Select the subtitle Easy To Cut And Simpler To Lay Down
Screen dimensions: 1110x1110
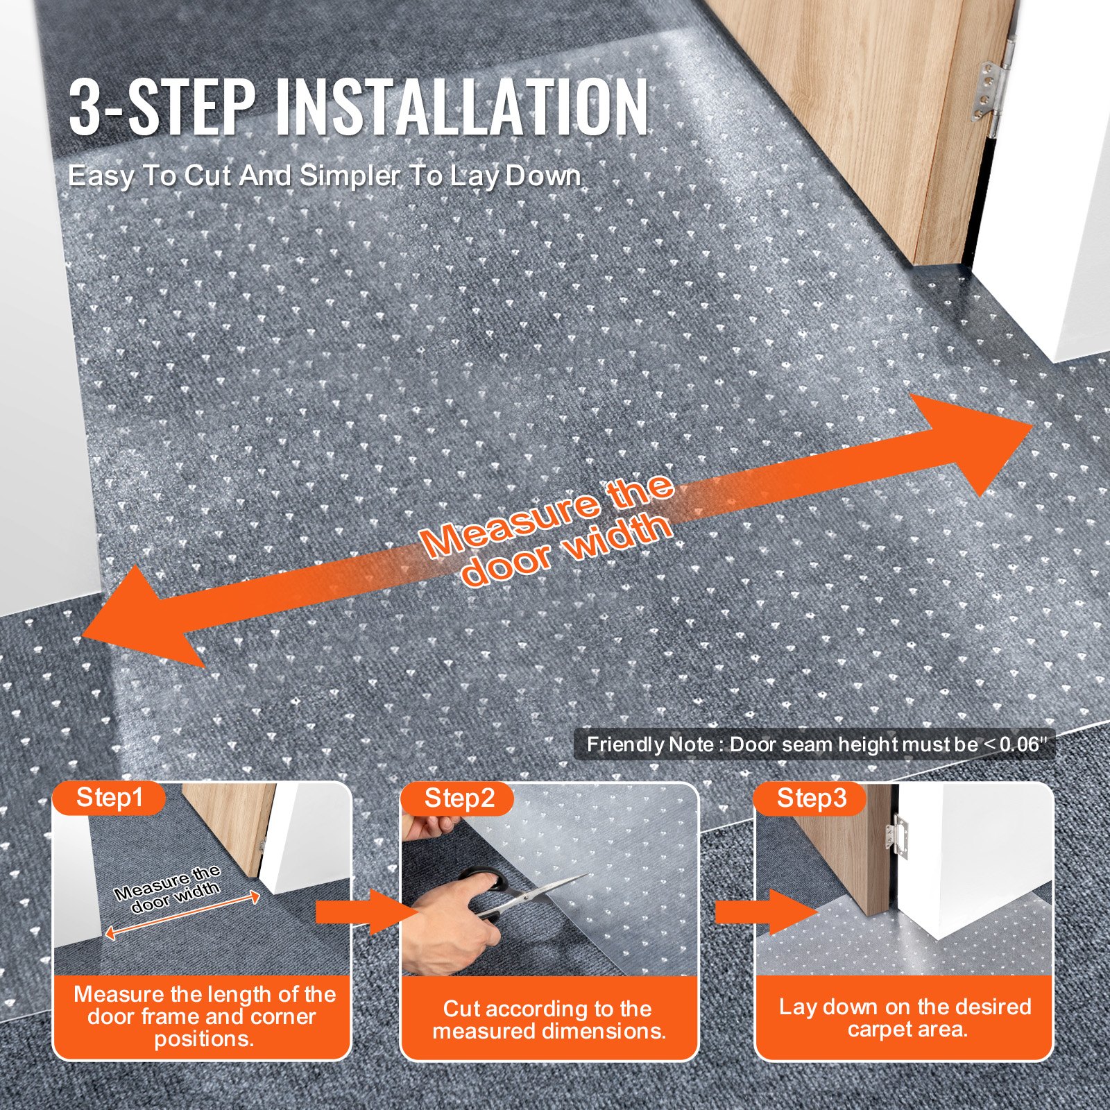pyautogui.click(x=324, y=176)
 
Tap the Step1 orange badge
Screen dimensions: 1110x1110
pyautogui.click(x=110, y=798)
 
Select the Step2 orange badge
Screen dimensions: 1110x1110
pyautogui.click(x=459, y=799)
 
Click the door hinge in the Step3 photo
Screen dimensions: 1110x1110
pyautogui.click(x=900, y=836)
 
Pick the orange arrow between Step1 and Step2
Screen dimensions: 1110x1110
pyautogui.click(x=357, y=912)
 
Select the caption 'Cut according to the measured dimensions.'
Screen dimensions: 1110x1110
pyautogui.click(x=549, y=1019)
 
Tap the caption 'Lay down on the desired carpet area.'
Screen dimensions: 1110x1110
pyautogui.click(x=905, y=1017)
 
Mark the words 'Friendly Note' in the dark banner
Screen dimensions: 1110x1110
pyautogui.click(x=649, y=745)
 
